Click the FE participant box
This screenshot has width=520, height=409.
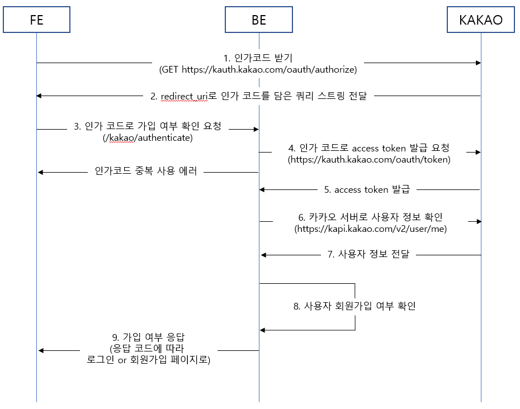tap(37, 20)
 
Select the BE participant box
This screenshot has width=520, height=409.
tap(259, 20)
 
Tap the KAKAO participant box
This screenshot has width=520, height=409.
tap(480, 20)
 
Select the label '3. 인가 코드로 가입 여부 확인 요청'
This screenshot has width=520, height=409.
tap(148, 126)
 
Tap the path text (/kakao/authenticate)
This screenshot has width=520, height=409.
tap(148, 138)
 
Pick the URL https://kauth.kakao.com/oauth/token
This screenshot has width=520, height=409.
tap(369, 160)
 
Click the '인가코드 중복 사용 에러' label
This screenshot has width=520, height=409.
tap(146, 172)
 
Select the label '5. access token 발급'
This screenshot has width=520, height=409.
tap(367, 189)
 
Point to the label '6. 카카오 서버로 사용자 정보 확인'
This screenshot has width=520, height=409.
tap(371, 217)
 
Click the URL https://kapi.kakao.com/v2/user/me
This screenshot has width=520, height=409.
tap(371, 229)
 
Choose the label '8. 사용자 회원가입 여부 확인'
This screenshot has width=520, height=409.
tap(354, 306)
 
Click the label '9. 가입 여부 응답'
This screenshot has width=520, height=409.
tap(148, 337)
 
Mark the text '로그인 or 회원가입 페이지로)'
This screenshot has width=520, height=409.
tap(148, 361)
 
